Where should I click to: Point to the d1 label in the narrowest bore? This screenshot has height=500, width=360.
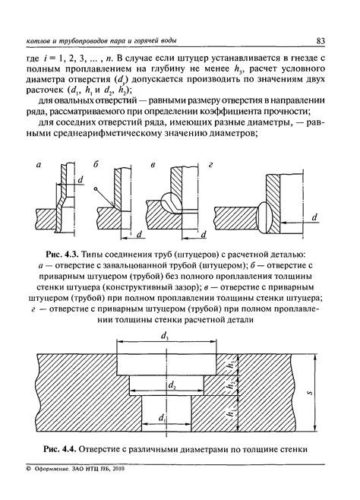point(163,419)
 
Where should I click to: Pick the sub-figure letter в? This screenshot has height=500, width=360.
point(153,163)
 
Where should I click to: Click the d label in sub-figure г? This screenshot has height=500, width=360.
point(314,217)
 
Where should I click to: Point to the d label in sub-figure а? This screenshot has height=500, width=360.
point(79,180)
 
